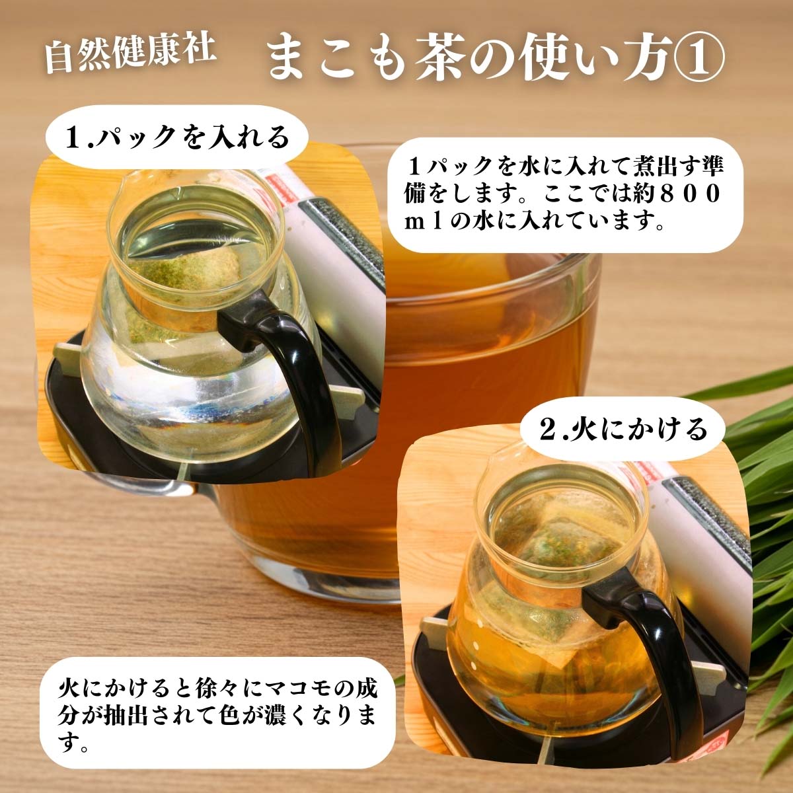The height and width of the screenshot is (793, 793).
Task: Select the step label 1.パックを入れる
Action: pos(176,138)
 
